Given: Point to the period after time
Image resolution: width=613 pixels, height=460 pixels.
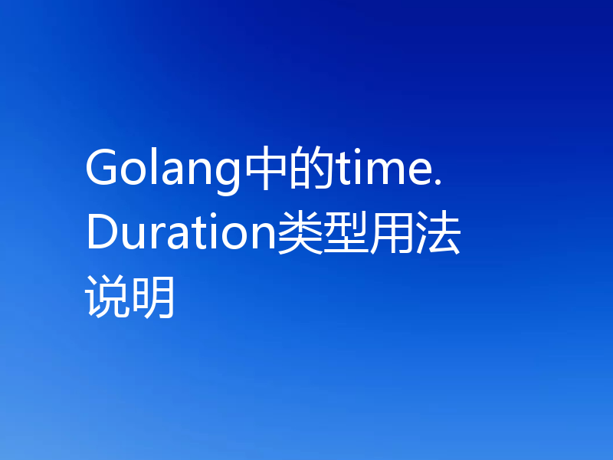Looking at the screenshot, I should click(x=438, y=182).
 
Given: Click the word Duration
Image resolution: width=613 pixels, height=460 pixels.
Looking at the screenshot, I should click(x=181, y=235).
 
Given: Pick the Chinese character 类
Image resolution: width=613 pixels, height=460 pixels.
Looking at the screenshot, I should click(x=300, y=234).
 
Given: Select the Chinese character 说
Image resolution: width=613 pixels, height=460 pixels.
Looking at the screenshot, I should click(x=108, y=297).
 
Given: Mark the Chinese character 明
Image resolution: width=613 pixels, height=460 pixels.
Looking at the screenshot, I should click(x=153, y=297).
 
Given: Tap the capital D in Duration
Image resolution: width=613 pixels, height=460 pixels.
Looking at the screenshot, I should click(x=101, y=234).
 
